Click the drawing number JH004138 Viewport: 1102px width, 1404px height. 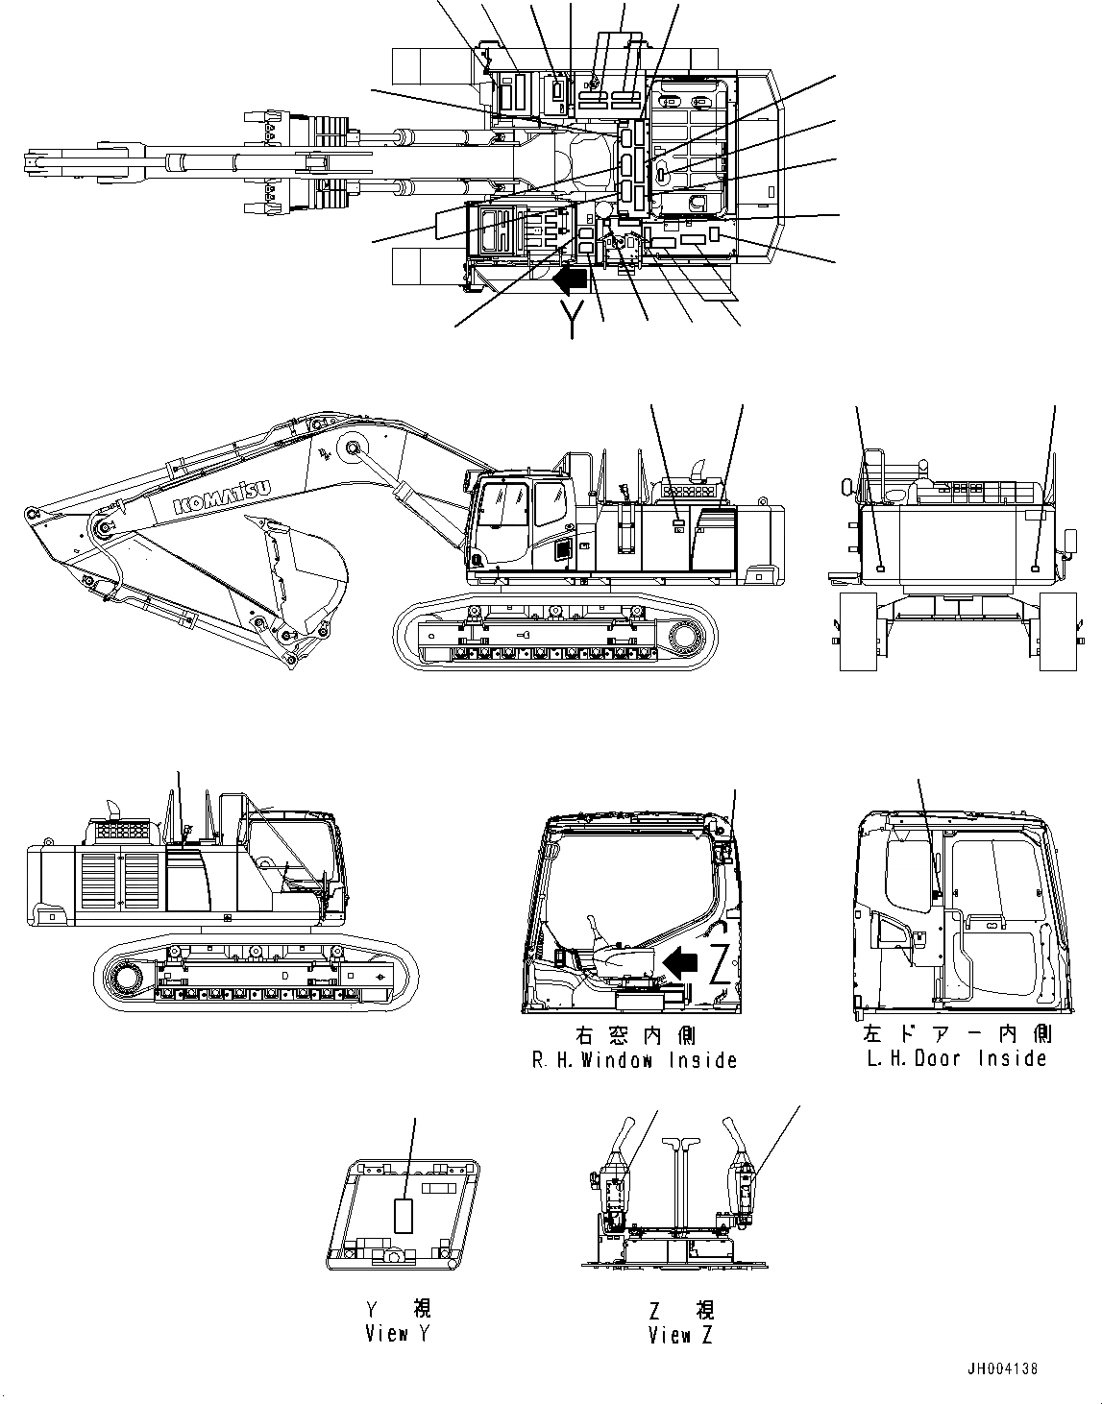pyautogui.click(x=1002, y=1369)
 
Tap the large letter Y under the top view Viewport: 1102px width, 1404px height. pyautogui.click(x=573, y=318)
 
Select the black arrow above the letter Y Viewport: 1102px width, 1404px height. pyautogui.click(x=571, y=280)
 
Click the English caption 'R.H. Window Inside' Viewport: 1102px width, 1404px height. pyautogui.click(x=635, y=1060)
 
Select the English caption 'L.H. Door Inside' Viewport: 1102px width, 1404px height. pyautogui.click(x=956, y=1058)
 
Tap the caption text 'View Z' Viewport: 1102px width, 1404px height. pyautogui.click(x=680, y=1335)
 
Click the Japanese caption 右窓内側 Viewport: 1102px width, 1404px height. pyautogui.click(x=635, y=1036)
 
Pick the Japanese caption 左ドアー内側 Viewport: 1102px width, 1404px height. pyautogui.click(x=956, y=1034)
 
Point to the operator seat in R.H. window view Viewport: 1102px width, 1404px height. pyautogui.click(x=620, y=960)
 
